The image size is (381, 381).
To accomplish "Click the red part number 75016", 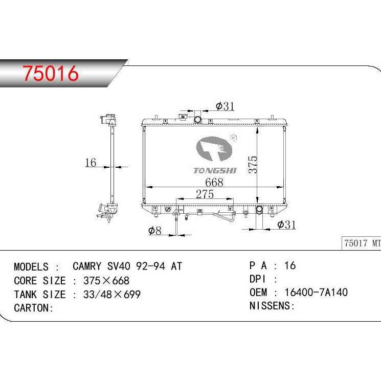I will coord(50,74).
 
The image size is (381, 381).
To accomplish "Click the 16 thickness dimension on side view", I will coord(90,163).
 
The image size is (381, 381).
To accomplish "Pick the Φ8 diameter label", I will coord(154,231).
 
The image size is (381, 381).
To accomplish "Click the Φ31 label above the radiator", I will coord(225,106).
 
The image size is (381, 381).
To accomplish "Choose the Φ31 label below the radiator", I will coord(286,225).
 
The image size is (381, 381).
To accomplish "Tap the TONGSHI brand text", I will coord(215,170).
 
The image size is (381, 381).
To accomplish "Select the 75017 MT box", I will coord(362,243).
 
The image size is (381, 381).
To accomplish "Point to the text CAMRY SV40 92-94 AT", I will coord(127,266).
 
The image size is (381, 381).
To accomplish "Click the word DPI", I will coord(259,279).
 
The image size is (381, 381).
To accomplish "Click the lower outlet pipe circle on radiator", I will coord(260,210).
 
